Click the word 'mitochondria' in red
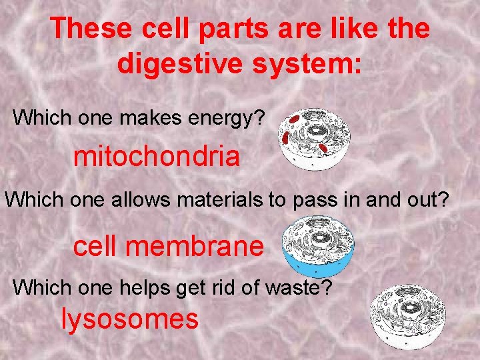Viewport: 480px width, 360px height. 156,157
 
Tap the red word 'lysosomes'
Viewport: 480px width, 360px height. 130,319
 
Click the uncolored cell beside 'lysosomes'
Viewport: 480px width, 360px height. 407,317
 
